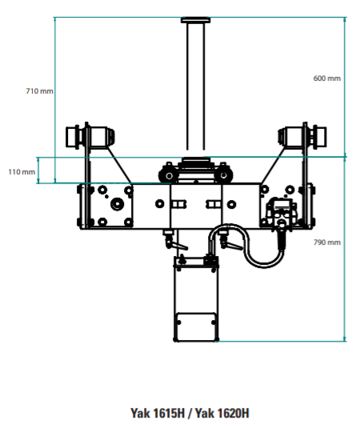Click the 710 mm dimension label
40,91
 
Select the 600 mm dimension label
327,78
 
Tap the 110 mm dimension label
22,172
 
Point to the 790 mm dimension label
327,242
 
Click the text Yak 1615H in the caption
158,414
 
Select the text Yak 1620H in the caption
222,414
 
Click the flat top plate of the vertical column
195,20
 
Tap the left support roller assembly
90,137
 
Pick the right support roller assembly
302,137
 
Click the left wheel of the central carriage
169,175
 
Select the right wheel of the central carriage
223,175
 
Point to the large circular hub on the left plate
117,204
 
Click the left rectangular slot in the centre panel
178,205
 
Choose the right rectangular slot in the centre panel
214,205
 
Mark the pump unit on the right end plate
282,212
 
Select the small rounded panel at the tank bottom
195,326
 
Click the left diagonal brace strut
119,166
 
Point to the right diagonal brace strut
273,166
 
